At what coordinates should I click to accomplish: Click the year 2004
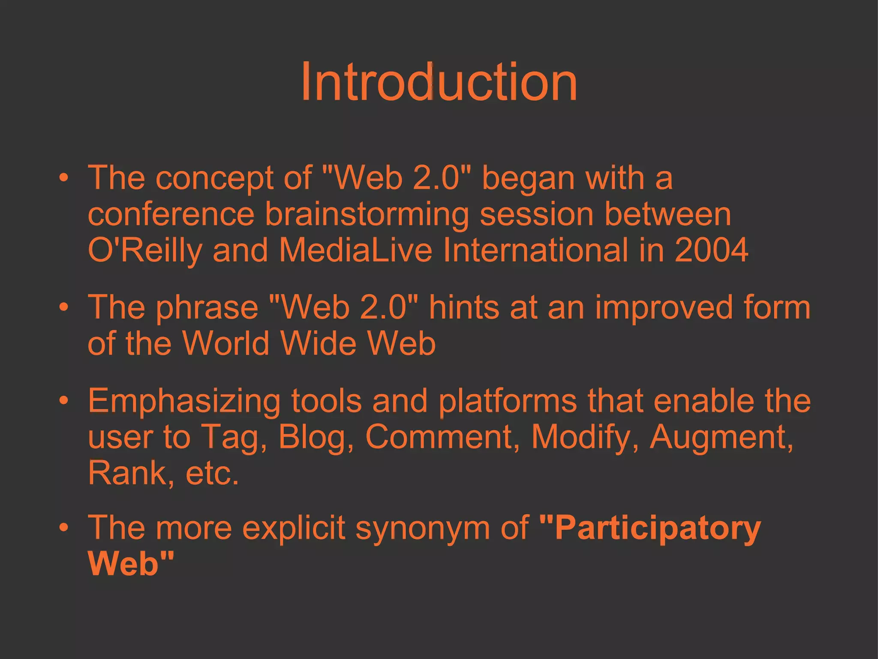pos(711,250)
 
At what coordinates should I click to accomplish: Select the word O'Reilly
pos(144,250)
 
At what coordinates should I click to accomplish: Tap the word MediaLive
pos(355,250)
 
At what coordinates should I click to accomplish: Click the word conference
pos(171,214)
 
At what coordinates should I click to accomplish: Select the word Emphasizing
pos(184,401)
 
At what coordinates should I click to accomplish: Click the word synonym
pos(423,528)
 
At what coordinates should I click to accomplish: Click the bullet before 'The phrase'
pos(64,307)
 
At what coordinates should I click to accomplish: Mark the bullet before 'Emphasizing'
pos(64,400)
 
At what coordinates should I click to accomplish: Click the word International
pos(535,250)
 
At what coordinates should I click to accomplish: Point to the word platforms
pos(508,401)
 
